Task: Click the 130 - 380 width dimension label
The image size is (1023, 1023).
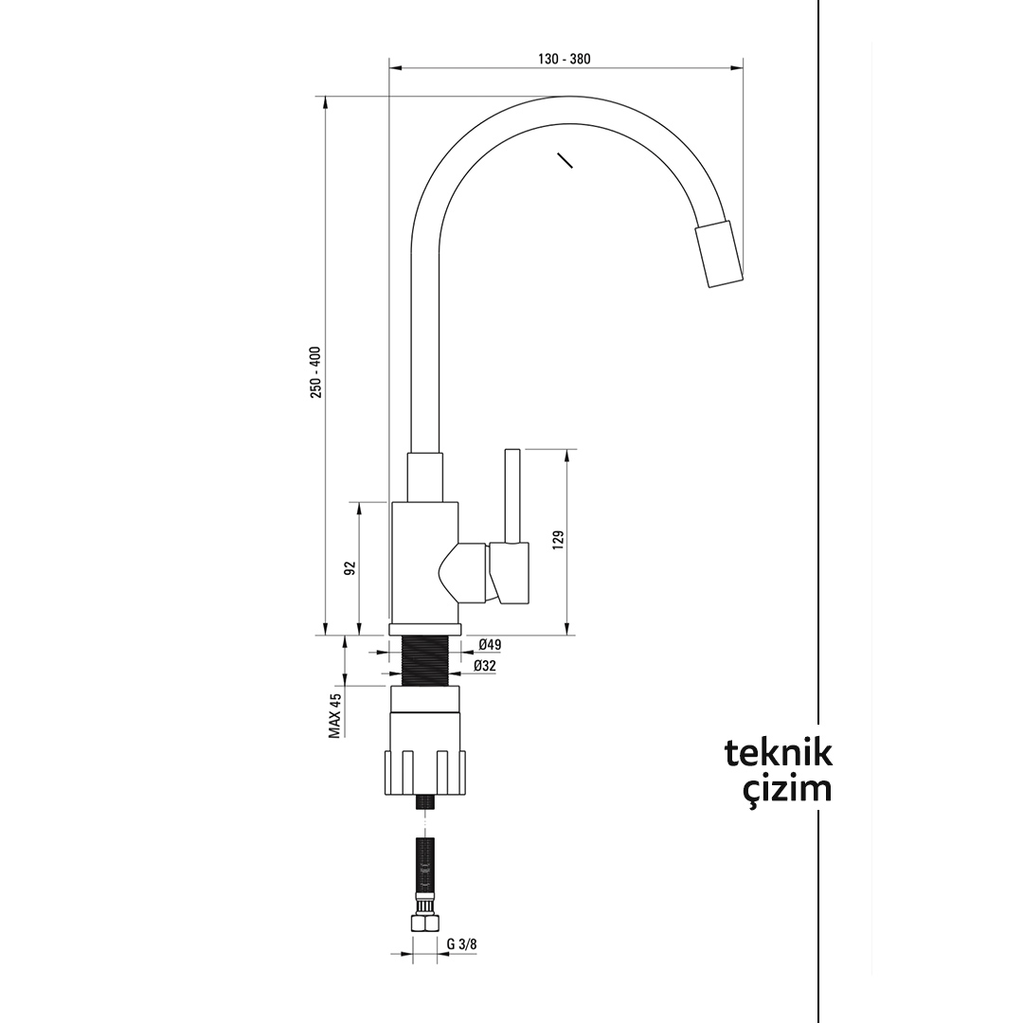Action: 565,59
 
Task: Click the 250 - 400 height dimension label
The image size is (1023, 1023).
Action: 315,371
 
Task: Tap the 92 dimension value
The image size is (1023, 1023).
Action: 350,567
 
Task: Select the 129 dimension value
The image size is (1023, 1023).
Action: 558,540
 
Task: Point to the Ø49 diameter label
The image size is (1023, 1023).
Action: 489,645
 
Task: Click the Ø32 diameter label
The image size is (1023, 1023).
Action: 485,666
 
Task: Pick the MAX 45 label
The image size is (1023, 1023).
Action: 334,715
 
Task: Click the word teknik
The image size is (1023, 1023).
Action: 779,753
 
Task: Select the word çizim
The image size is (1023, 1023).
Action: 786,789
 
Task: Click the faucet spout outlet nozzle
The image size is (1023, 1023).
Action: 719,253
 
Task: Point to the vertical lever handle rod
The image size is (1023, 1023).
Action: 511,494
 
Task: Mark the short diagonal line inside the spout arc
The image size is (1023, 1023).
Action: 565,160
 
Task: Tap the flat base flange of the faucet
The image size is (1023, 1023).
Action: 425,630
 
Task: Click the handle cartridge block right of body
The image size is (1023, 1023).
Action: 510,573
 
